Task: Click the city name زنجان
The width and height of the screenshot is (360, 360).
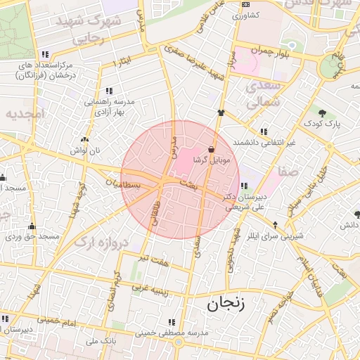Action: coord(224,304)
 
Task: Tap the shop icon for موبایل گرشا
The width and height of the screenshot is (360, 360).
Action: coord(212,148)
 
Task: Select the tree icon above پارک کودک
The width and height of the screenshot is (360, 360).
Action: coord(322,112)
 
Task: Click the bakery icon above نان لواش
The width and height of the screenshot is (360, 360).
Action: coord(84,140)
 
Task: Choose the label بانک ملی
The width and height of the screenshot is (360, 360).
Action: coord(99,341)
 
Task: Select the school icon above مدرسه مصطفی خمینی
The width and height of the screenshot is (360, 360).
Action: coord(171,321)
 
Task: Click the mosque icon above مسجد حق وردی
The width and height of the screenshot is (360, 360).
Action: coord(32,226)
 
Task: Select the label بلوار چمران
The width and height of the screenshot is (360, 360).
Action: coord(261,51)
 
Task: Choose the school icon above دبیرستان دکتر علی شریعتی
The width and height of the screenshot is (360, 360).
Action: coord(243,186)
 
